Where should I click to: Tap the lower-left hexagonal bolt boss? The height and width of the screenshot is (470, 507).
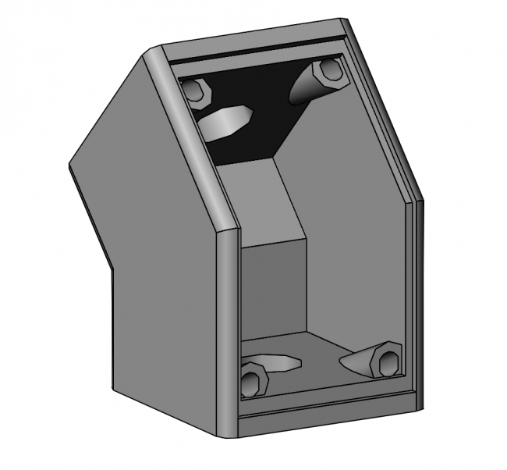[252, 382]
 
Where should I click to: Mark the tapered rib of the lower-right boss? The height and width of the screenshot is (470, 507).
[359, 358]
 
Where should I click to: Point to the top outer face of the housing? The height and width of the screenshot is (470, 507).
[250, 39]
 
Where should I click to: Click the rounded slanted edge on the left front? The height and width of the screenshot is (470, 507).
[191, 141]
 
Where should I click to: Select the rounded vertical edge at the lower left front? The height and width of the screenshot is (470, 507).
[224, 328]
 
